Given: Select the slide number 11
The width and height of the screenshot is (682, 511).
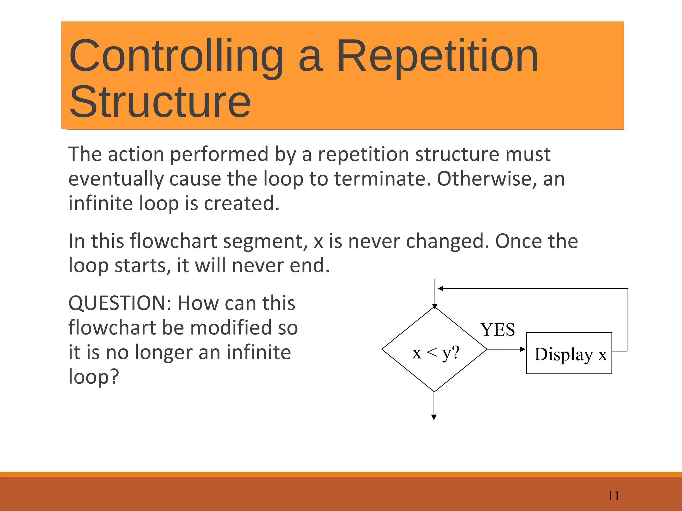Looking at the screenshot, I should click(x=613, y=496).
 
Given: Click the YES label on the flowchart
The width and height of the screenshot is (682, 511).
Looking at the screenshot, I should click(x=498, y=330).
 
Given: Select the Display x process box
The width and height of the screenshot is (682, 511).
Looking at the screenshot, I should click(x=569, y=353).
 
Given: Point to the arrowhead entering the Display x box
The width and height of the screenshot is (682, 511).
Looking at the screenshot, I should click(x=523, y=349).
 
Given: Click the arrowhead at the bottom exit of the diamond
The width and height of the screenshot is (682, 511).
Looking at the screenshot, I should click(x=434, y=417).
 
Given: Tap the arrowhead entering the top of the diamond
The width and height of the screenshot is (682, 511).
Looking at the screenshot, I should click(x=435, y=306).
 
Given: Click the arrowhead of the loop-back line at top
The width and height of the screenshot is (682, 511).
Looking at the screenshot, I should click(x=441, y=289).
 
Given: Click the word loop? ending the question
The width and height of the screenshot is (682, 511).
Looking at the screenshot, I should click(x=94, y=377).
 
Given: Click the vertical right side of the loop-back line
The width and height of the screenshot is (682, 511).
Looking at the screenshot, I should click(x=628, y=319).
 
